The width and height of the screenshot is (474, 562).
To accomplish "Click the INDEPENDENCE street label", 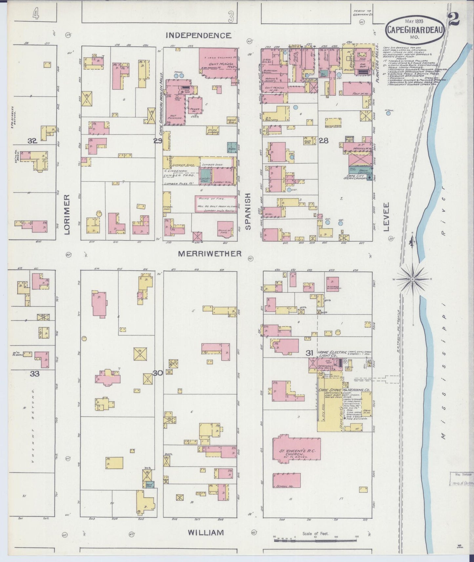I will (x=198, y=35).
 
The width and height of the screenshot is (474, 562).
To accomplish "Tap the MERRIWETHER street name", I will (x=210, y=253).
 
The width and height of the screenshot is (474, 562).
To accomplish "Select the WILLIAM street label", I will (x=206, y=533).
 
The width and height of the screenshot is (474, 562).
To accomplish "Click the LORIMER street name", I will (x=68, y=214).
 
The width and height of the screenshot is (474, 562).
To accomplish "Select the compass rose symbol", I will (x=412, y=279).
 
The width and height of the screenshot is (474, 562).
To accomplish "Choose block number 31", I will (x=309, y=353).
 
